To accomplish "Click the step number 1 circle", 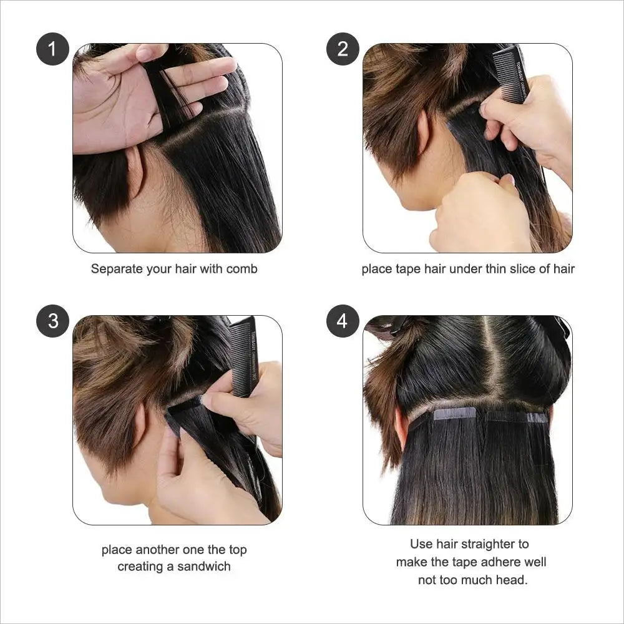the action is pos(52,49).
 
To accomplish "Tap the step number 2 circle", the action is pos(343,49).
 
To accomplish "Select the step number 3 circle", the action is pos(52,321).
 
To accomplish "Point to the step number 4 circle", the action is pos(343,321).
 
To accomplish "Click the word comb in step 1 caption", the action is pos(241,269).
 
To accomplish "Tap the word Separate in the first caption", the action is pos(117,269).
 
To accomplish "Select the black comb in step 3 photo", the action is pos(244,356).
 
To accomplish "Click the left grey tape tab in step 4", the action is pos(455,414).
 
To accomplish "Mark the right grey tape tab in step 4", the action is pos(538,417).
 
